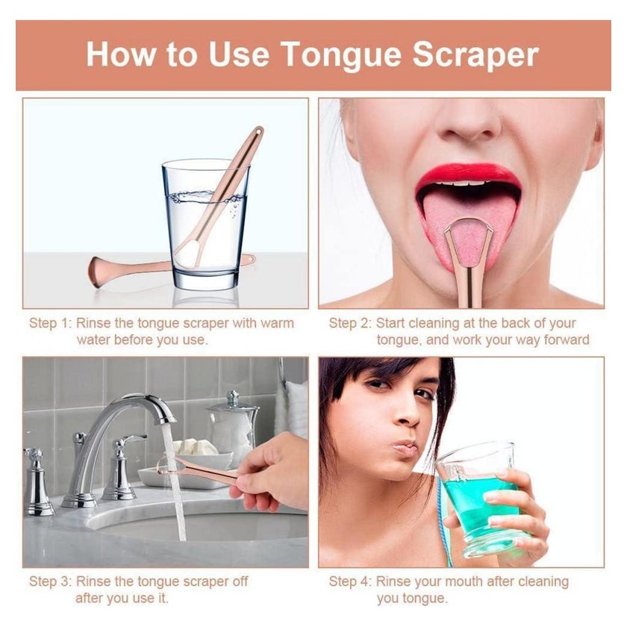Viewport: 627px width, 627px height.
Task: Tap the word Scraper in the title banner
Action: (x=475, y=54)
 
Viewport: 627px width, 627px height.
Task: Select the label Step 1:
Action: (x=50, y=322)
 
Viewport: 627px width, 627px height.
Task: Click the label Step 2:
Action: (x=350, y=322)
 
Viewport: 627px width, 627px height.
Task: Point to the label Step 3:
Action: (x=51, y=581)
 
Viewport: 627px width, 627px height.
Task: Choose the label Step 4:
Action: (x=350, y=581)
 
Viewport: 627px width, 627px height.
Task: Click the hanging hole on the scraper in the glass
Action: (x=259, y=131)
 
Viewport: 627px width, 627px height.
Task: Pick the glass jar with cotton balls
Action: (x=232, y=428)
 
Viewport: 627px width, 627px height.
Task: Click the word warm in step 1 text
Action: (x=277, y=323)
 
